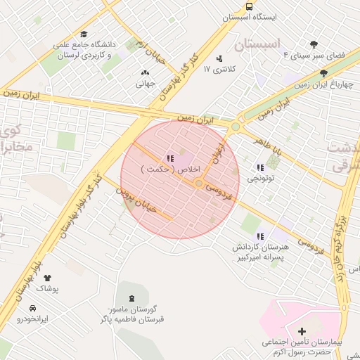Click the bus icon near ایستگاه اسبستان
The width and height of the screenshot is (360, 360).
250,6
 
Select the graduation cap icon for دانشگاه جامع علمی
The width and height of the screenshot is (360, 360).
84,34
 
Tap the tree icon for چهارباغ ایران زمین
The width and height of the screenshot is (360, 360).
323,73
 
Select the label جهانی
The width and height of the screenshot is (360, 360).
146,84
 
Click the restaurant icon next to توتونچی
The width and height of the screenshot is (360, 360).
260,167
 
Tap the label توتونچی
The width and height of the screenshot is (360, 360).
261,179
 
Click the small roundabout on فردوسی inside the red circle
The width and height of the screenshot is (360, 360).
200,184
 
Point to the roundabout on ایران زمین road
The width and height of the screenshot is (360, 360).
235,127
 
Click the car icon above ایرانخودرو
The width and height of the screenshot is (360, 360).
33,308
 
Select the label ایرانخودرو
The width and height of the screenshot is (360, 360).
33,319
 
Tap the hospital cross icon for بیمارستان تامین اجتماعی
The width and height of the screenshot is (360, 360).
302,330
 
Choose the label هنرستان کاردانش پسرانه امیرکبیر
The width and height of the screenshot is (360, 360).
264,252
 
